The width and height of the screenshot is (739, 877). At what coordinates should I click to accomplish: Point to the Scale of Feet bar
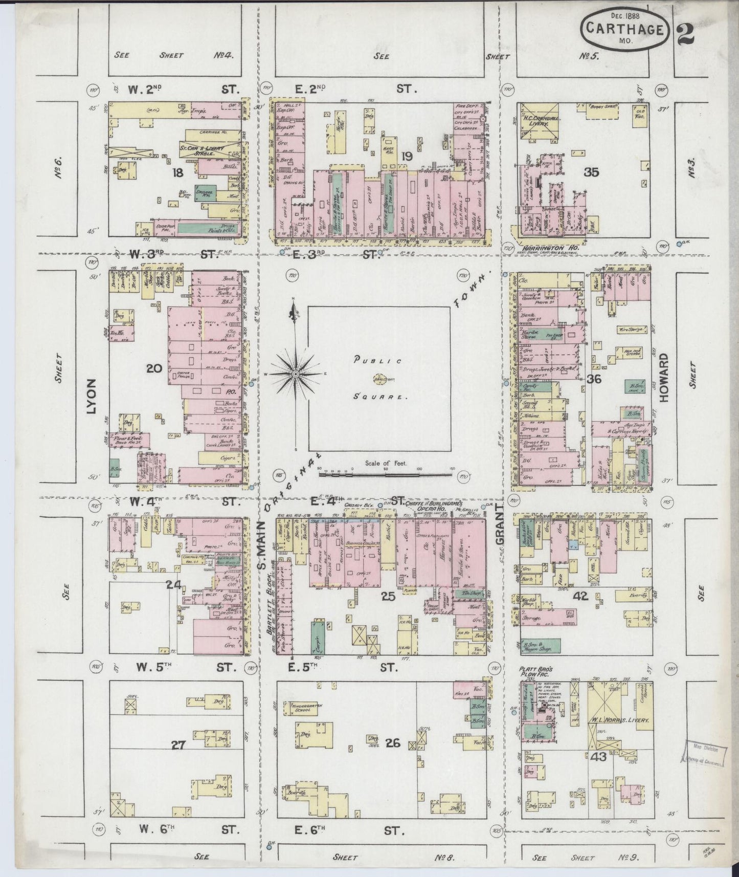click(x=385, y=474)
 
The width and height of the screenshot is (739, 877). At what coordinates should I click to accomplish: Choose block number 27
click(x=177, y=745)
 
